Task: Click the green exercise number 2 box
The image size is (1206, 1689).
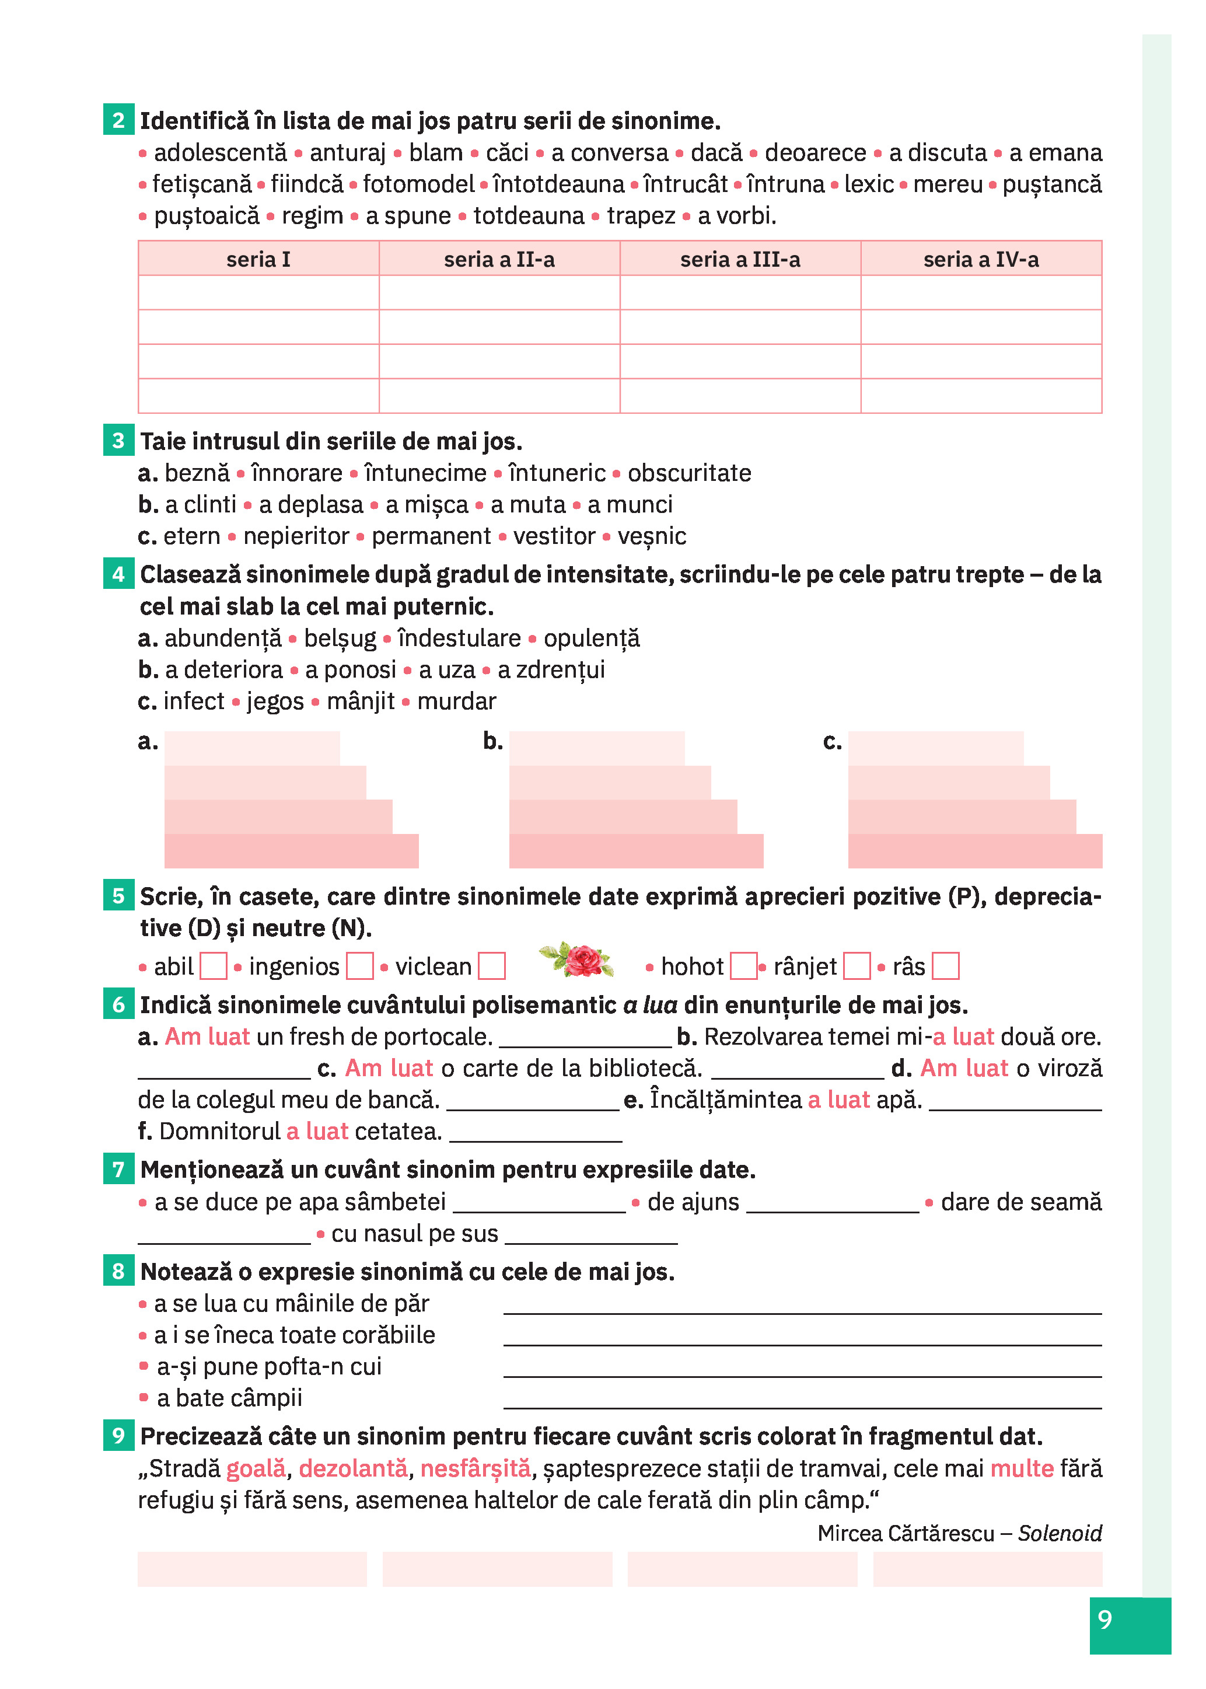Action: (x=118, y=120)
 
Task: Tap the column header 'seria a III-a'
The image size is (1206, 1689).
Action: (x=740, y=259)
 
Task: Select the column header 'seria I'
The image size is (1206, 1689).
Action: (x=258, y=259)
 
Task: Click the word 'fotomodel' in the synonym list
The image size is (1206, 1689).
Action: (x=418, y=184)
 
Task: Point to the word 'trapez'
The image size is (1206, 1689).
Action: (x=641, y=216)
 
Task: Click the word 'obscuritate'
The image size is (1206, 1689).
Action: (x=689, y=473)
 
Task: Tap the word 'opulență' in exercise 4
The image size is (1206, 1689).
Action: (x=591, y=638)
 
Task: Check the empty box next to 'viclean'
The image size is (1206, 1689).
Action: (x=492, y=966)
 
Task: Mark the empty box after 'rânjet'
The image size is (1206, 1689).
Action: (x=857, y=966)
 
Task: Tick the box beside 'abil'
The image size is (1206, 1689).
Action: (x=214, y=966)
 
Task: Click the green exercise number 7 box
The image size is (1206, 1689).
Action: (x=118, y=1169)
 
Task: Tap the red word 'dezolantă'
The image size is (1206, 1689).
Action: (x=353, y=1468)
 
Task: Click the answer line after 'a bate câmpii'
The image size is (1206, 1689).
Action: (x=802, y=1402)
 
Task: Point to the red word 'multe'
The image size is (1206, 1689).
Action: (x=1022, y=1468)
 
